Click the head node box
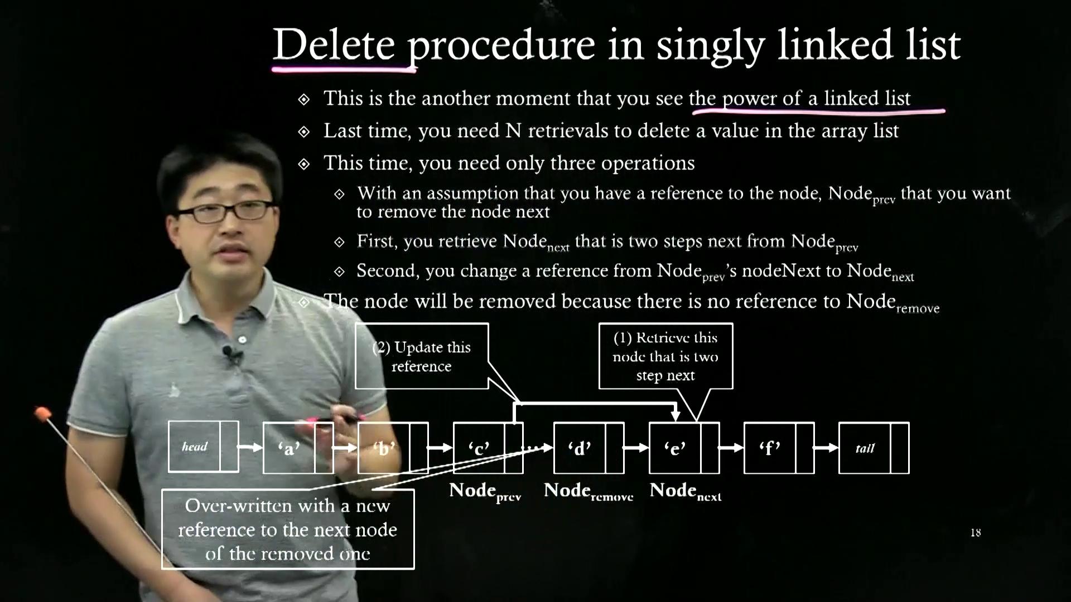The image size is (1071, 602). [x=203, y=446]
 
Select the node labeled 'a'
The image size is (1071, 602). [x=298, y=448]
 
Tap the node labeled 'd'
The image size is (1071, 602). [x=588, y=448]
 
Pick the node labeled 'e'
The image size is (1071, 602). [x=684, y=448]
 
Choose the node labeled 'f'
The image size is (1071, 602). [x=779, y=448]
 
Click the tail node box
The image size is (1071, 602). [x=874, y=448]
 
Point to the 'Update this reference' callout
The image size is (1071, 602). [x=422, y=356]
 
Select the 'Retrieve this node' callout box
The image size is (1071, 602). [x=665, y=356]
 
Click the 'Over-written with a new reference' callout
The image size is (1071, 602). [x=288, y=530]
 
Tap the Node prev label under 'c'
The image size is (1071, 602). [x=485, y=492]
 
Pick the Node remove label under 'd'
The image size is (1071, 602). [x=588, y=492]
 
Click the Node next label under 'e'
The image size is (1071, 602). [x=686, y=492]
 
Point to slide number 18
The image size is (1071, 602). [x=976, y=533]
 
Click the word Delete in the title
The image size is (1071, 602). [x=334, y=45]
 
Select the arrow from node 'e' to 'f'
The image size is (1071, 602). [x=731, y=448]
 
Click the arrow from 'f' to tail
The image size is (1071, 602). [x=826, y=448]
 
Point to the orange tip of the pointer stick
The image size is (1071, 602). [x=42, y=413]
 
